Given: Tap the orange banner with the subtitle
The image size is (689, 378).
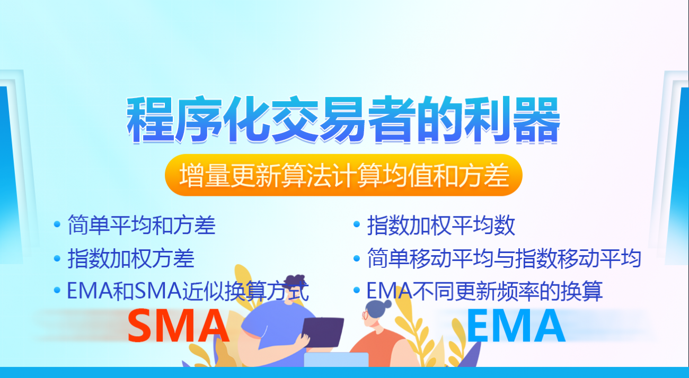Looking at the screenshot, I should (x=343, y=176).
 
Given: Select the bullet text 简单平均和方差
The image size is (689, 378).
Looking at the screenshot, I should (x=142, y=225).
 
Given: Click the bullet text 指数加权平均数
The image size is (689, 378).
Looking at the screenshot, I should (x=441, y=226).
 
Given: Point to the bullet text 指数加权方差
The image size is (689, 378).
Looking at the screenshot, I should (x=131, y=258).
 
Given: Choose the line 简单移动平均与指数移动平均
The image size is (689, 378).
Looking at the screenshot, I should (x=504, y=258).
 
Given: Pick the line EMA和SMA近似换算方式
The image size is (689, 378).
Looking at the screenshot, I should (x=188, y=291).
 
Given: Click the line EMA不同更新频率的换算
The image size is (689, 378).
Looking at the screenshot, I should (x=484, y=291).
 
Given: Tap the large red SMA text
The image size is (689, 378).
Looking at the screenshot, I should (x=179, y=326).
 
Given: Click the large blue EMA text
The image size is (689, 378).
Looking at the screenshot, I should (x=515, y=326).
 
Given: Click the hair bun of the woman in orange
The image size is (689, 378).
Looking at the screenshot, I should (x=386, y=304).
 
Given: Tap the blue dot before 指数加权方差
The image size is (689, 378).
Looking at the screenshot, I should (x=57, y=259).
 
